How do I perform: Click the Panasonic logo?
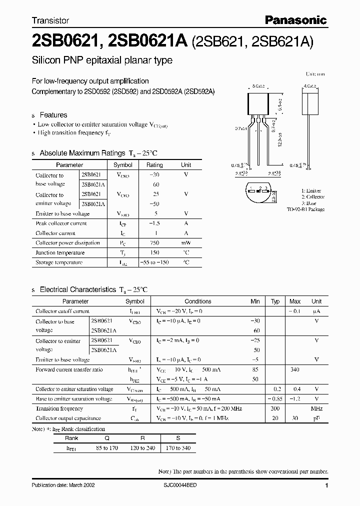(295, 20)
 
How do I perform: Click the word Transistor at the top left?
(50, 21)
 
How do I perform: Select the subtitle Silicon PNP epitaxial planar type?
(102, 60)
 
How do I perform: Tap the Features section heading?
(53, 115)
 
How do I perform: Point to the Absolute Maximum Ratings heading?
(82, 153)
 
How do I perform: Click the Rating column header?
(154, 165)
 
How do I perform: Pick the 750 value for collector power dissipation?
(154, 243)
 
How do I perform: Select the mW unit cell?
(186, 243)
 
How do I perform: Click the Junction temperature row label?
(60, 252)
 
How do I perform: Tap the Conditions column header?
(198, 301)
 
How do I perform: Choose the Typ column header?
(275, 301)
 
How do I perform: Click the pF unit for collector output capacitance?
(316, 418)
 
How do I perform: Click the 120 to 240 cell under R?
(142, 447)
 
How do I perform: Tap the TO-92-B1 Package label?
(305, 209)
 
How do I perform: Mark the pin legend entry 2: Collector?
(313, 197)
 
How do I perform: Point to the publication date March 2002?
(63, 485)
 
